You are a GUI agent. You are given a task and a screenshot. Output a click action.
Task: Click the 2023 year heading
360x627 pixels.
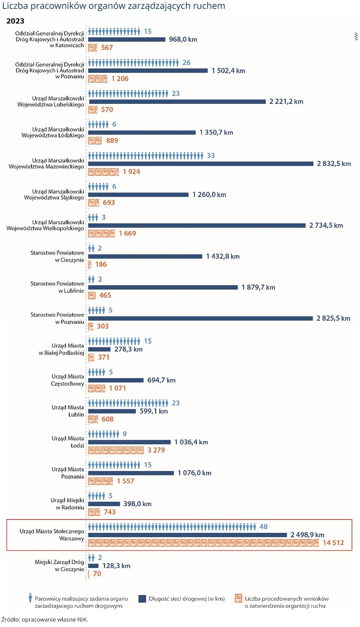[15, 21]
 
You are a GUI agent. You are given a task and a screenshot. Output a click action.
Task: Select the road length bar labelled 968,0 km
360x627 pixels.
[127, 40]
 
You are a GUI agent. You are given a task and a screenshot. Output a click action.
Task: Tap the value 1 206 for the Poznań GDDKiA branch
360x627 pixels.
[120, 79]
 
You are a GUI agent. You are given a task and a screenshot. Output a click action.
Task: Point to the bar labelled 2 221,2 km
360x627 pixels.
[177, 102]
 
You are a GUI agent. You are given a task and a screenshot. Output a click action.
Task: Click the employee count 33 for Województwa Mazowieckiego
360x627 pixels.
[211, 156]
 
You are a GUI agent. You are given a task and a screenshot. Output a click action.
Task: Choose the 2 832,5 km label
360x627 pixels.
[334, 164]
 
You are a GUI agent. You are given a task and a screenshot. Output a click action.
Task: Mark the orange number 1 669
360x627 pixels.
[127, 234]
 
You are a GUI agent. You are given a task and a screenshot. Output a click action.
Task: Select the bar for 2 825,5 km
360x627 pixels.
[200, 319]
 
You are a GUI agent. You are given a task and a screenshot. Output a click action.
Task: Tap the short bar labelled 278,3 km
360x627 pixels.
[99, 349]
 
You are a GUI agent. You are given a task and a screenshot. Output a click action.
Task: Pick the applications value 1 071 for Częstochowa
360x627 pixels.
[118, 388]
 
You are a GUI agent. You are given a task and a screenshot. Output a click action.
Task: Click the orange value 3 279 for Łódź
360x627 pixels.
[156, 450]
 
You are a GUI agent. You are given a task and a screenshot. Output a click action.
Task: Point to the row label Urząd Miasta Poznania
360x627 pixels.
[68, 473]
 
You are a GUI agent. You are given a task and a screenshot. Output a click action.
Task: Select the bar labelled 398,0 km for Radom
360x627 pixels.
[104, 504]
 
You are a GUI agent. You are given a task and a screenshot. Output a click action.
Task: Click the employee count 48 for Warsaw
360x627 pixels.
[264, 527]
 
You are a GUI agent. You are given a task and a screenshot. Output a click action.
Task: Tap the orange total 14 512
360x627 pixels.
[333, 543]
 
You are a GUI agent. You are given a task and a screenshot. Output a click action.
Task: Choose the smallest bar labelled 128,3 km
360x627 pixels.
[93, 566]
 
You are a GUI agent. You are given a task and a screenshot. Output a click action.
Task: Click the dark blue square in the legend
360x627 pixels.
[142, 599]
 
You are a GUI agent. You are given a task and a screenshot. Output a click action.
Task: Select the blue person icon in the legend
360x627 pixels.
[30, 598]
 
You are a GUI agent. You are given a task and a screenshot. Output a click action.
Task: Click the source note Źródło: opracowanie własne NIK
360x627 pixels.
[45, 620]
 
